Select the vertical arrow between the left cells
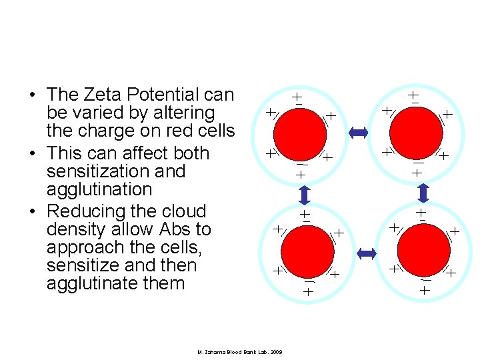coord(304,195)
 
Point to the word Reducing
coord(86,211)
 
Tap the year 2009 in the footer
coord(275,351)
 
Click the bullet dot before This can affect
coord(32,154)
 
